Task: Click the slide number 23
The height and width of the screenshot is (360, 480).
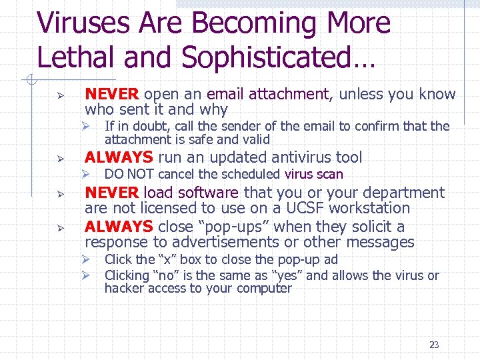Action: [x=434, y=345]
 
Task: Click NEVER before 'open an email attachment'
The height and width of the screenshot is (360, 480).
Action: [x=112, y=95]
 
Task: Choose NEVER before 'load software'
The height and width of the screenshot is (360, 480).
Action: [x=112, y=193]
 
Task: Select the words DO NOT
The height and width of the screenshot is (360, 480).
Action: [x=125, y=175]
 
